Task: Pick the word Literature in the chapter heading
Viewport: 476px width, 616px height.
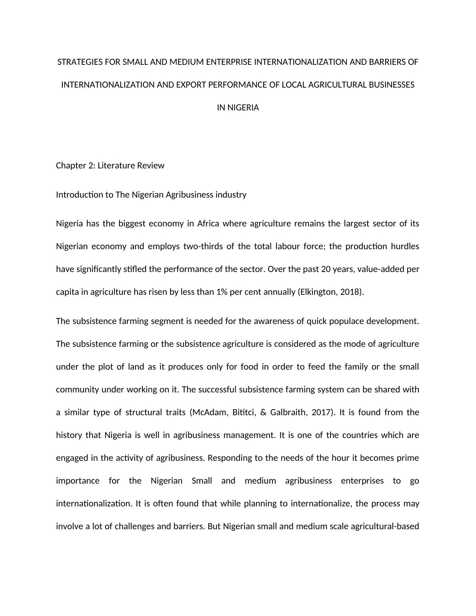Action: pos(116,166)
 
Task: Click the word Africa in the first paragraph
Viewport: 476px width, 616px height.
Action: pos(208,223)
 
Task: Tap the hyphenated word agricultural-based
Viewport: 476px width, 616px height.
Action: pos(384,526)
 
